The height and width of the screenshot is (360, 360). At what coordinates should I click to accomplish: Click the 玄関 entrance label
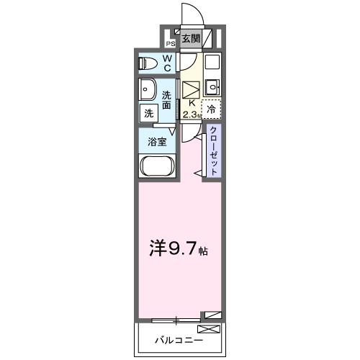[190, 39]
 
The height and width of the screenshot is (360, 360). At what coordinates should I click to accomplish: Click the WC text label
[166, 63]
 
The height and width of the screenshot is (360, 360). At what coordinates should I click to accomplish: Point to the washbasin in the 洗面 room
[148, 91]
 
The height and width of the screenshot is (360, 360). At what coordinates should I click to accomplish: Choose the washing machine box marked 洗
[148, 113]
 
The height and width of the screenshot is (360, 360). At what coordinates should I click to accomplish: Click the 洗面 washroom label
[166, 100]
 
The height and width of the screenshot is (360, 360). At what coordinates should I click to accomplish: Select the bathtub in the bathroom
[156, 168]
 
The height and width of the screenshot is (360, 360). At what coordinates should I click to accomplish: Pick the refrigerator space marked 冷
[211, 109]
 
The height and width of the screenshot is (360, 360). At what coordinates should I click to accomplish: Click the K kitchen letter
[191, 104]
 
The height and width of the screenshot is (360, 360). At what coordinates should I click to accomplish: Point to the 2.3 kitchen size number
[189, 114]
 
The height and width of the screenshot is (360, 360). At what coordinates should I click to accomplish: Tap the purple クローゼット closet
[214, 150]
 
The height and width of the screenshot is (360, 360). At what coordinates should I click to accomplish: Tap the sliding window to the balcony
[176, 318]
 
